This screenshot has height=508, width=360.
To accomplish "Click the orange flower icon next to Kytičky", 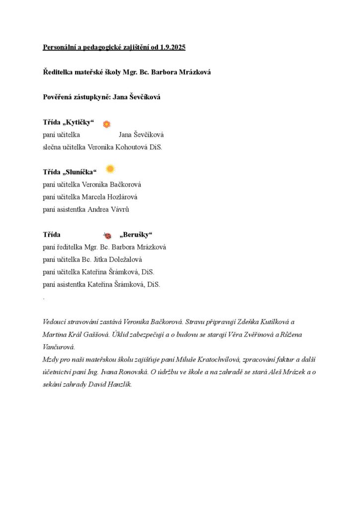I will [x=106, y=124].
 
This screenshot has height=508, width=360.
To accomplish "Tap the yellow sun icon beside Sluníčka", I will [x=110, y=169].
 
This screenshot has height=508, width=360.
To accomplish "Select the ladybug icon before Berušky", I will [x=107, y=236].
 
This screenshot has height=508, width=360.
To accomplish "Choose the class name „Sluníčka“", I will [x=80, y=172].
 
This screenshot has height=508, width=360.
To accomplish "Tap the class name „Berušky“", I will [x=136, y=235].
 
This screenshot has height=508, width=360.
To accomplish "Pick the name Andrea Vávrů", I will [x=108, y=209].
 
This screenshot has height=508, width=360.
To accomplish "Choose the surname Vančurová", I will [x=59, y=347].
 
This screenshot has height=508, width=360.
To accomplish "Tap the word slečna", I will [x=53, y=147].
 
